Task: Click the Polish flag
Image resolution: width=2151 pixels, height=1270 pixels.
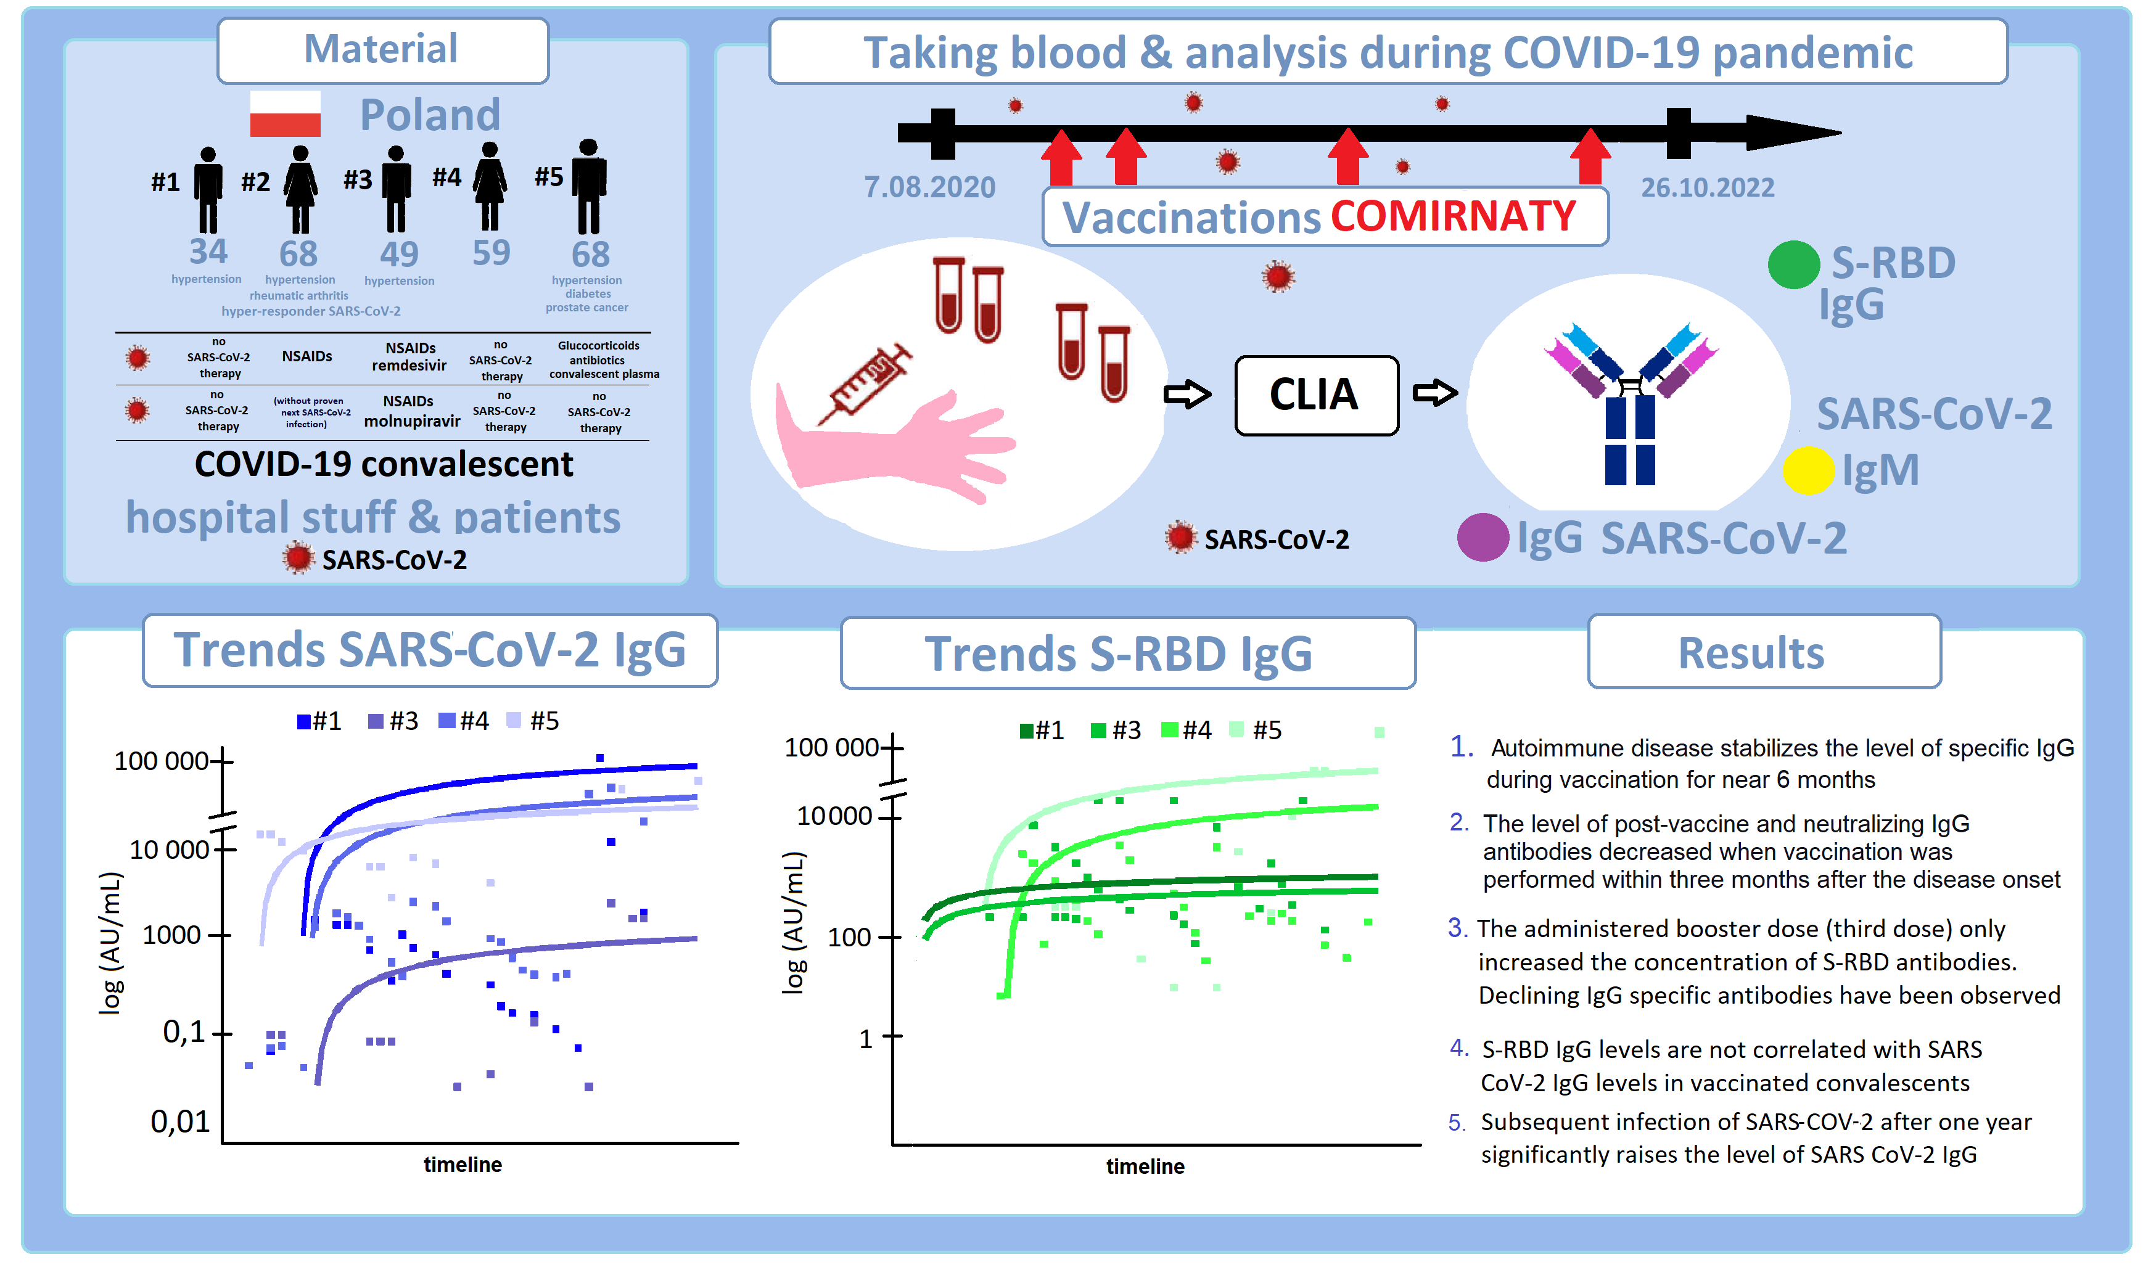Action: point(285,114)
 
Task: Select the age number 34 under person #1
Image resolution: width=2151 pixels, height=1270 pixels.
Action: point(208,252)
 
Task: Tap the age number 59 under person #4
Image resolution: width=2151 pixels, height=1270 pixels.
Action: point(491,253)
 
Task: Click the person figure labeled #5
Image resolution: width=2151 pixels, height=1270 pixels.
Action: point(589,187)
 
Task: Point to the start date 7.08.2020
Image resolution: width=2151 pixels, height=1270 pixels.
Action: point(929,187)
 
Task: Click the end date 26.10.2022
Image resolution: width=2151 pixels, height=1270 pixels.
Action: point(1707,187)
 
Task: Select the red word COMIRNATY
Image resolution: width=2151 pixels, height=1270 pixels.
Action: point(1452,216)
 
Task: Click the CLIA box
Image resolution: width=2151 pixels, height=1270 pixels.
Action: point(1315,395)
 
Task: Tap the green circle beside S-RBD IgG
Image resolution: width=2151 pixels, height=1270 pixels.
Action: point(1793,264)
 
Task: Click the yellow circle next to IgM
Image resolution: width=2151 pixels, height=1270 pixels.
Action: point(1808,470)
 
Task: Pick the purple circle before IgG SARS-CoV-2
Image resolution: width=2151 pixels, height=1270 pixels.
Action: point(1483,538)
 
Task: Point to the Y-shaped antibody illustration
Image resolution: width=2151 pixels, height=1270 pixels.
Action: point(1631,402)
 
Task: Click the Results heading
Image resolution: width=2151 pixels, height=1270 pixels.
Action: point(1750,653)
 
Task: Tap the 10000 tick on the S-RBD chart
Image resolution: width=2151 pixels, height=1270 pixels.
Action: point(834,816)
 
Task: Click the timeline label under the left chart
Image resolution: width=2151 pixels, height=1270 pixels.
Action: point(463,1165)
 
